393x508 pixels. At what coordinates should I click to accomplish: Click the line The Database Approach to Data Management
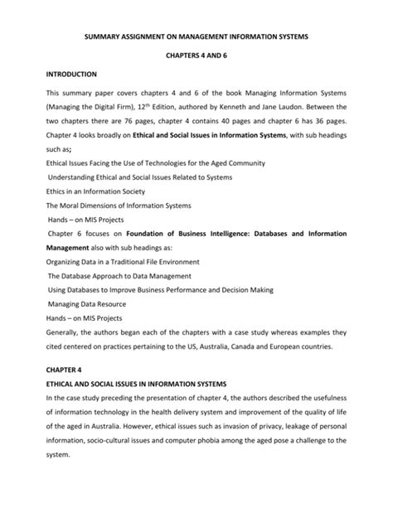(x=119, y=276)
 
